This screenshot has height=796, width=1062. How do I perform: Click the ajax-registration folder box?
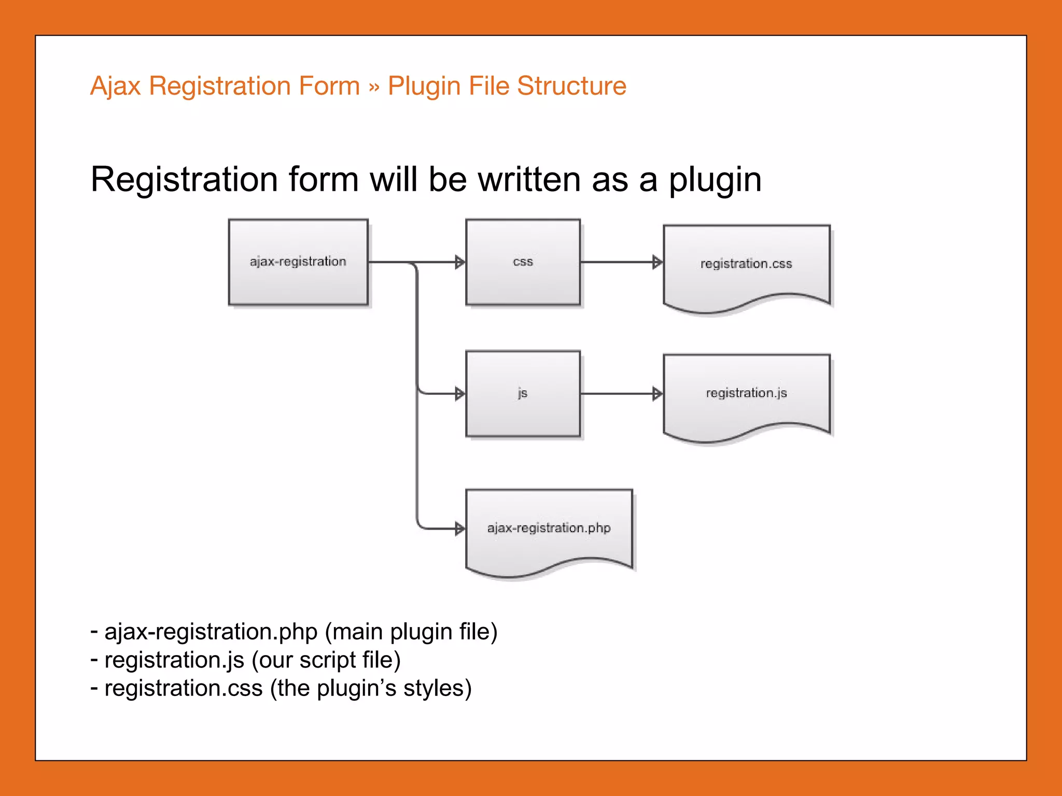tap(298, 262)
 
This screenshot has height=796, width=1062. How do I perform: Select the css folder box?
tap(523, 262)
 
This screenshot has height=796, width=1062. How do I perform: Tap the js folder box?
tap(523, 394)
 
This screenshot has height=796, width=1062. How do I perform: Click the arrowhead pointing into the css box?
tap(459, 262)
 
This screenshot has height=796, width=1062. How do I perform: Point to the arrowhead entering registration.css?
tap(657, 262)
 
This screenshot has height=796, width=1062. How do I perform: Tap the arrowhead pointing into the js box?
tap(459, 394)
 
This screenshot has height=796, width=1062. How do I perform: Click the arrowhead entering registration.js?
tap(657, 394)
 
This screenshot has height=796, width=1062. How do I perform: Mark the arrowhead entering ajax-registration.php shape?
tap(459, 529)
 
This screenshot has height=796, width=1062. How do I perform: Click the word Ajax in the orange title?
tap(115, 86)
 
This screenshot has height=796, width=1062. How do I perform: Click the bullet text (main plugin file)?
tap(411, 632)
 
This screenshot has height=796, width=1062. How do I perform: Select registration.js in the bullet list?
tap(174, 660)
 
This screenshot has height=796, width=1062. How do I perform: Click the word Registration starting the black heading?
tap(184, 180)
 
